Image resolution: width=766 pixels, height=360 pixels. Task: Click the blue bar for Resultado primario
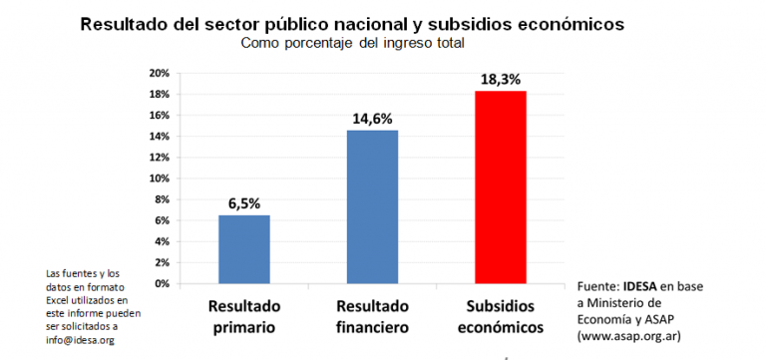[x=244, y=249]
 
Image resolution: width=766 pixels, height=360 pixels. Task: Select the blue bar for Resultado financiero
[x=373, y=206]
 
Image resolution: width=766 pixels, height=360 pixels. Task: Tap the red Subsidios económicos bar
[x=500, y=187]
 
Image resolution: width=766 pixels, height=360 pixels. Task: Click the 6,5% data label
[x=244, y=203]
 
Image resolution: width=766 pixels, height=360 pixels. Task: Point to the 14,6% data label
[x=372, y=119]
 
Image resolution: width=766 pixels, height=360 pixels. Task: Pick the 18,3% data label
[x=500, y=78]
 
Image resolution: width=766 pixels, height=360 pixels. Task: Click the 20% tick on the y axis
[x=159, y=74]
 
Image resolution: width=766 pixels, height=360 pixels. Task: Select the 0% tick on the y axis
[x=162, y=283]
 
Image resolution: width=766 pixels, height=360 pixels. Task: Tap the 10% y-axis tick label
[x=159, y=179]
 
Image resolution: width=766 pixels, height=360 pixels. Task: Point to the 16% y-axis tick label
[x=159, y=116]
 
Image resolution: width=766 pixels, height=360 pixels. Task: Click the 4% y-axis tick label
[x=162, y=241]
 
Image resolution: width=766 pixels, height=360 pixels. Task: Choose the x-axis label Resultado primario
[x=244, y=315]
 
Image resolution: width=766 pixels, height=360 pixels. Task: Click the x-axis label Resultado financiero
[x=372, y=315]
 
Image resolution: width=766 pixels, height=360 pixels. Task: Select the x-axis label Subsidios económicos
[x=500, y=315]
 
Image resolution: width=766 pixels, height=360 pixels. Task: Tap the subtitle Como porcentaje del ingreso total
[x=353, y=43]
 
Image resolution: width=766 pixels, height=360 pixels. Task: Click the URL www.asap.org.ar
[x=630, y=336]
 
